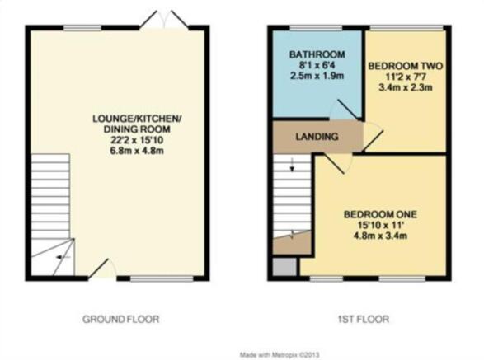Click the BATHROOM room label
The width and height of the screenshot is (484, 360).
click(x=309, y=56)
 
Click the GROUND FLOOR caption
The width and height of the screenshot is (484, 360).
click(x=120, y=319)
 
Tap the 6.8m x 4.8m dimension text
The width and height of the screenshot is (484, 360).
click(x=136, y=149)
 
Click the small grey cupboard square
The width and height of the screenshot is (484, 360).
click(x=284, y=266)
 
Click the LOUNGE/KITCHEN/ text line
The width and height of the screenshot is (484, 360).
click(x=136, y=119)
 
